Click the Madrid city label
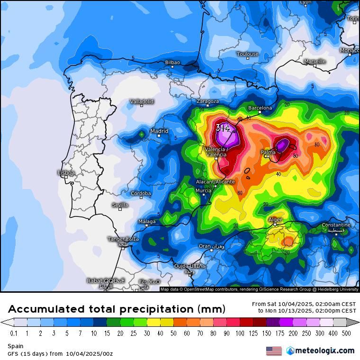tap(159, 131)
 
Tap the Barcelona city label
tap(260, 108)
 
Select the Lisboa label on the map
tap(66, 173)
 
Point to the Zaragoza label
tap(207, 101)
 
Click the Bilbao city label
tap(172, 63)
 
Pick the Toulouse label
tap(248, 54)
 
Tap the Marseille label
tap(315, 62)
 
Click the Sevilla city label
tap(120, 205)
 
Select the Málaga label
tap(147, 222)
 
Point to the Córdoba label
tap(141, 193)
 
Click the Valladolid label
tap(142, 101)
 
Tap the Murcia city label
tap(204, 190)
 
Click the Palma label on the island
tap(268, 152)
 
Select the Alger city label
tap(276, 220)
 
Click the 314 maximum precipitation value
tap(223, 128)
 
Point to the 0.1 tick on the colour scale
tap(14, 333)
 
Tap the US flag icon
tap(274, 351)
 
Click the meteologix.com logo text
tap(324, 351)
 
